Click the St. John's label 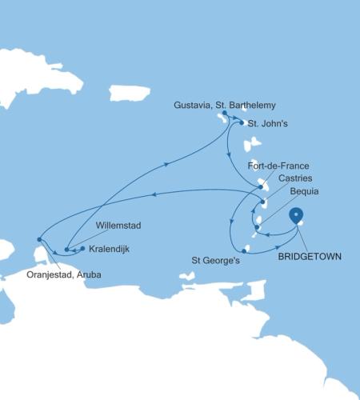coord(265,124)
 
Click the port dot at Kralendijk coord(82,249)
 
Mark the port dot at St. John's coord(242,123)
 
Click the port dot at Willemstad coord(66,250)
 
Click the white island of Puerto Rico coord(130,93)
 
